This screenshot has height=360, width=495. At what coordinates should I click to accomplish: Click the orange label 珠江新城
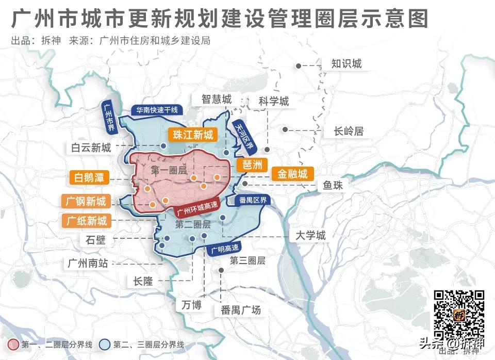193,135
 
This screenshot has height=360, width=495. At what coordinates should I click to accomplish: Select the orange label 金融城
292,174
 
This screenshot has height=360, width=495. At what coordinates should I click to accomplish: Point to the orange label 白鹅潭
89,178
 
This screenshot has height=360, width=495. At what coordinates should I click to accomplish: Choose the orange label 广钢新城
86,201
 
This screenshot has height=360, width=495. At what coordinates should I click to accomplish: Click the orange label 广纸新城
87,221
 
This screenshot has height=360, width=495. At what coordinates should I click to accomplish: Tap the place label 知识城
346,64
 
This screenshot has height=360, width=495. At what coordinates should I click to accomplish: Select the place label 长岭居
349,132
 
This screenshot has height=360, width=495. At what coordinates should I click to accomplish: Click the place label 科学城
274,101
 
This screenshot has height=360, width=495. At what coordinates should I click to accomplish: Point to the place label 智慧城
217,99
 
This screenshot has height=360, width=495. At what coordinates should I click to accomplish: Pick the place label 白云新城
91,148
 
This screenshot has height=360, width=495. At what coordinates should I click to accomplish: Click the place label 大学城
310,236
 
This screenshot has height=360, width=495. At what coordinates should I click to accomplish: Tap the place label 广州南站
88,263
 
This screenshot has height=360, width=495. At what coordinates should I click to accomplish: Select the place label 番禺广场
240,310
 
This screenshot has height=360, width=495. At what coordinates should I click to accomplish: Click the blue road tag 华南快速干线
156,110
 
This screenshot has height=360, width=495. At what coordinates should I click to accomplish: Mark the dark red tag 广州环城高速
197,207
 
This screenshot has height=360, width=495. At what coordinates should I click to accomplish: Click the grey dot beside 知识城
299,66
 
